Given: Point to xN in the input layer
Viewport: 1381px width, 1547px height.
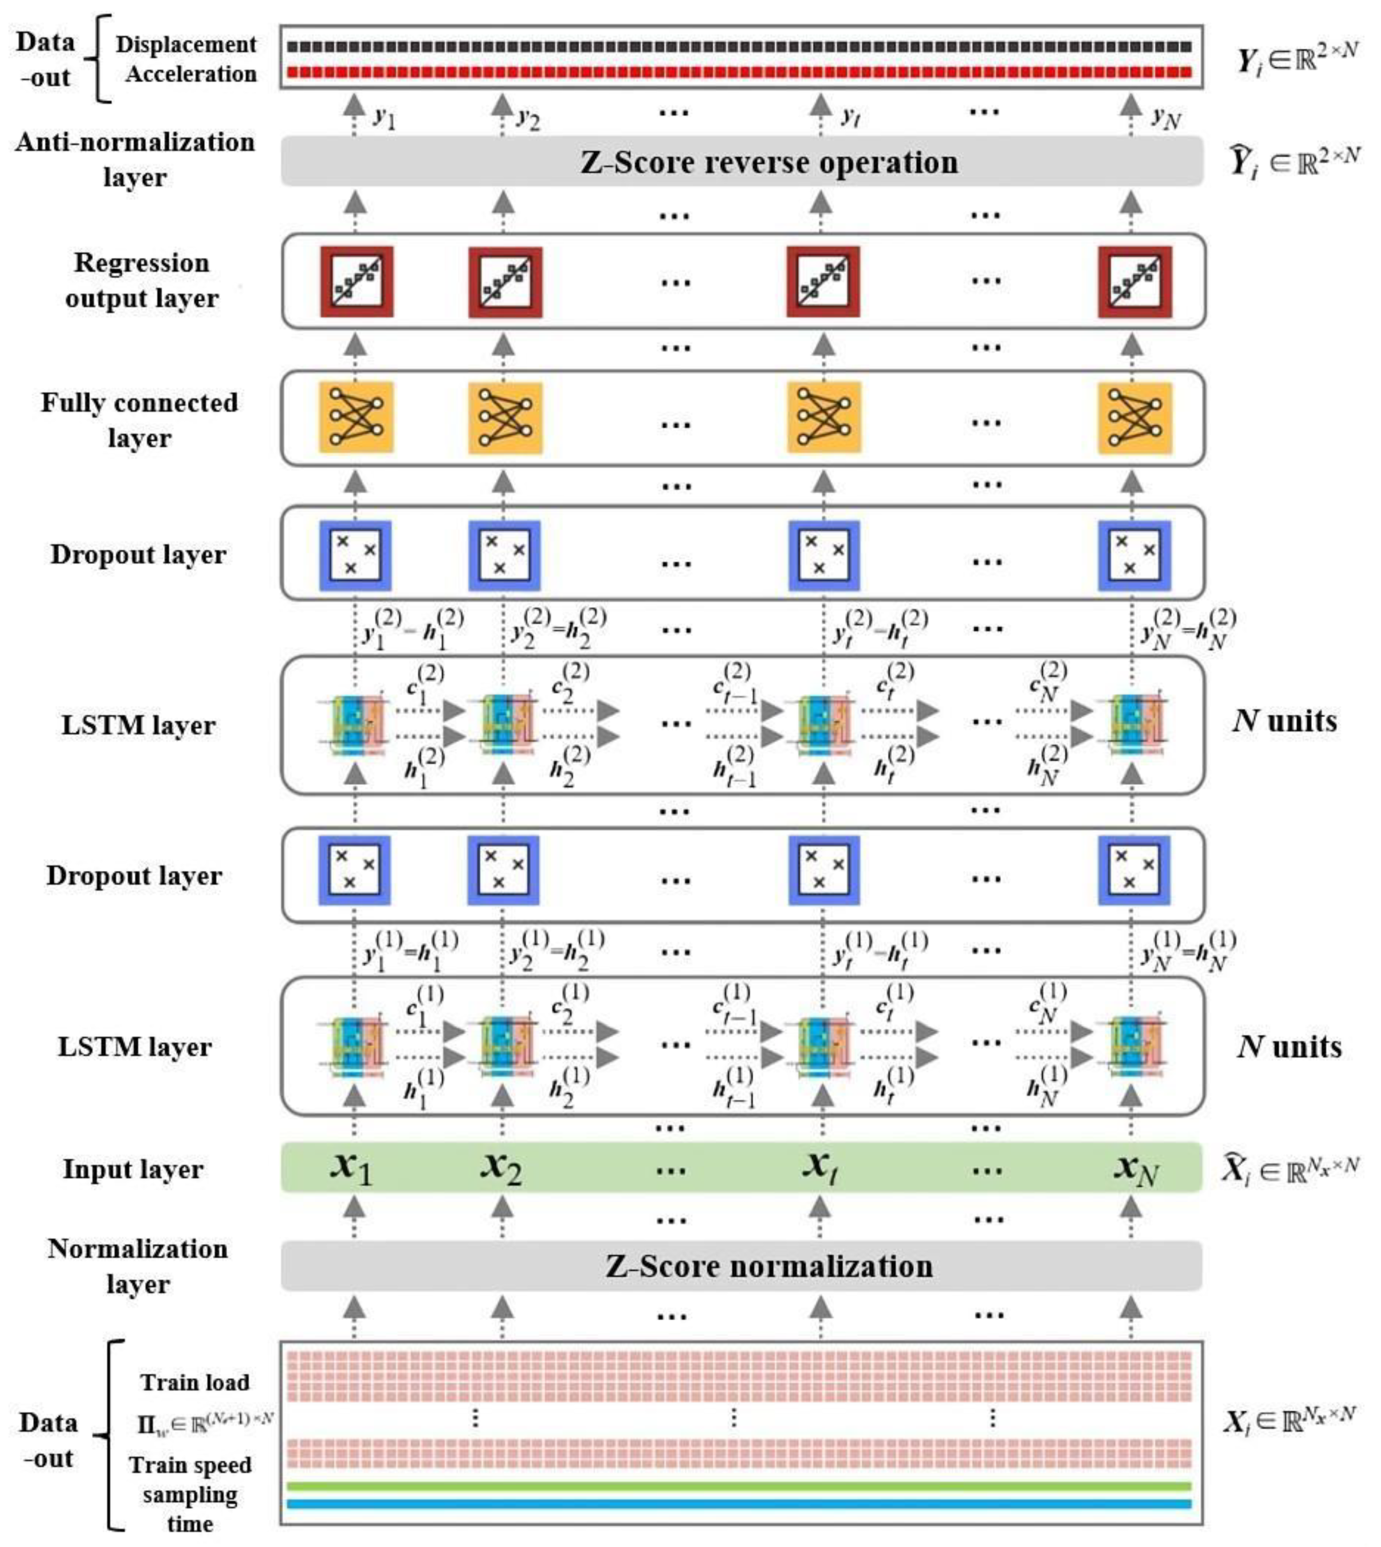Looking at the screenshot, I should [1135, 1168].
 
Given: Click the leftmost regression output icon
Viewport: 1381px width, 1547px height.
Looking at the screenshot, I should [356, 281].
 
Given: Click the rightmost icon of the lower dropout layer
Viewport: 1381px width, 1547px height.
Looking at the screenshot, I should [1134, 870].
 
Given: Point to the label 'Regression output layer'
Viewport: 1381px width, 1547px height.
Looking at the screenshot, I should [141, 280].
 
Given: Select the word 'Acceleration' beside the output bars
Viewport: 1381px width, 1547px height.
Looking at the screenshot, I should [191, 74].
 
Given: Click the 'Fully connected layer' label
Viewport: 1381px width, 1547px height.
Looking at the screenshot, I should [139, 419].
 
